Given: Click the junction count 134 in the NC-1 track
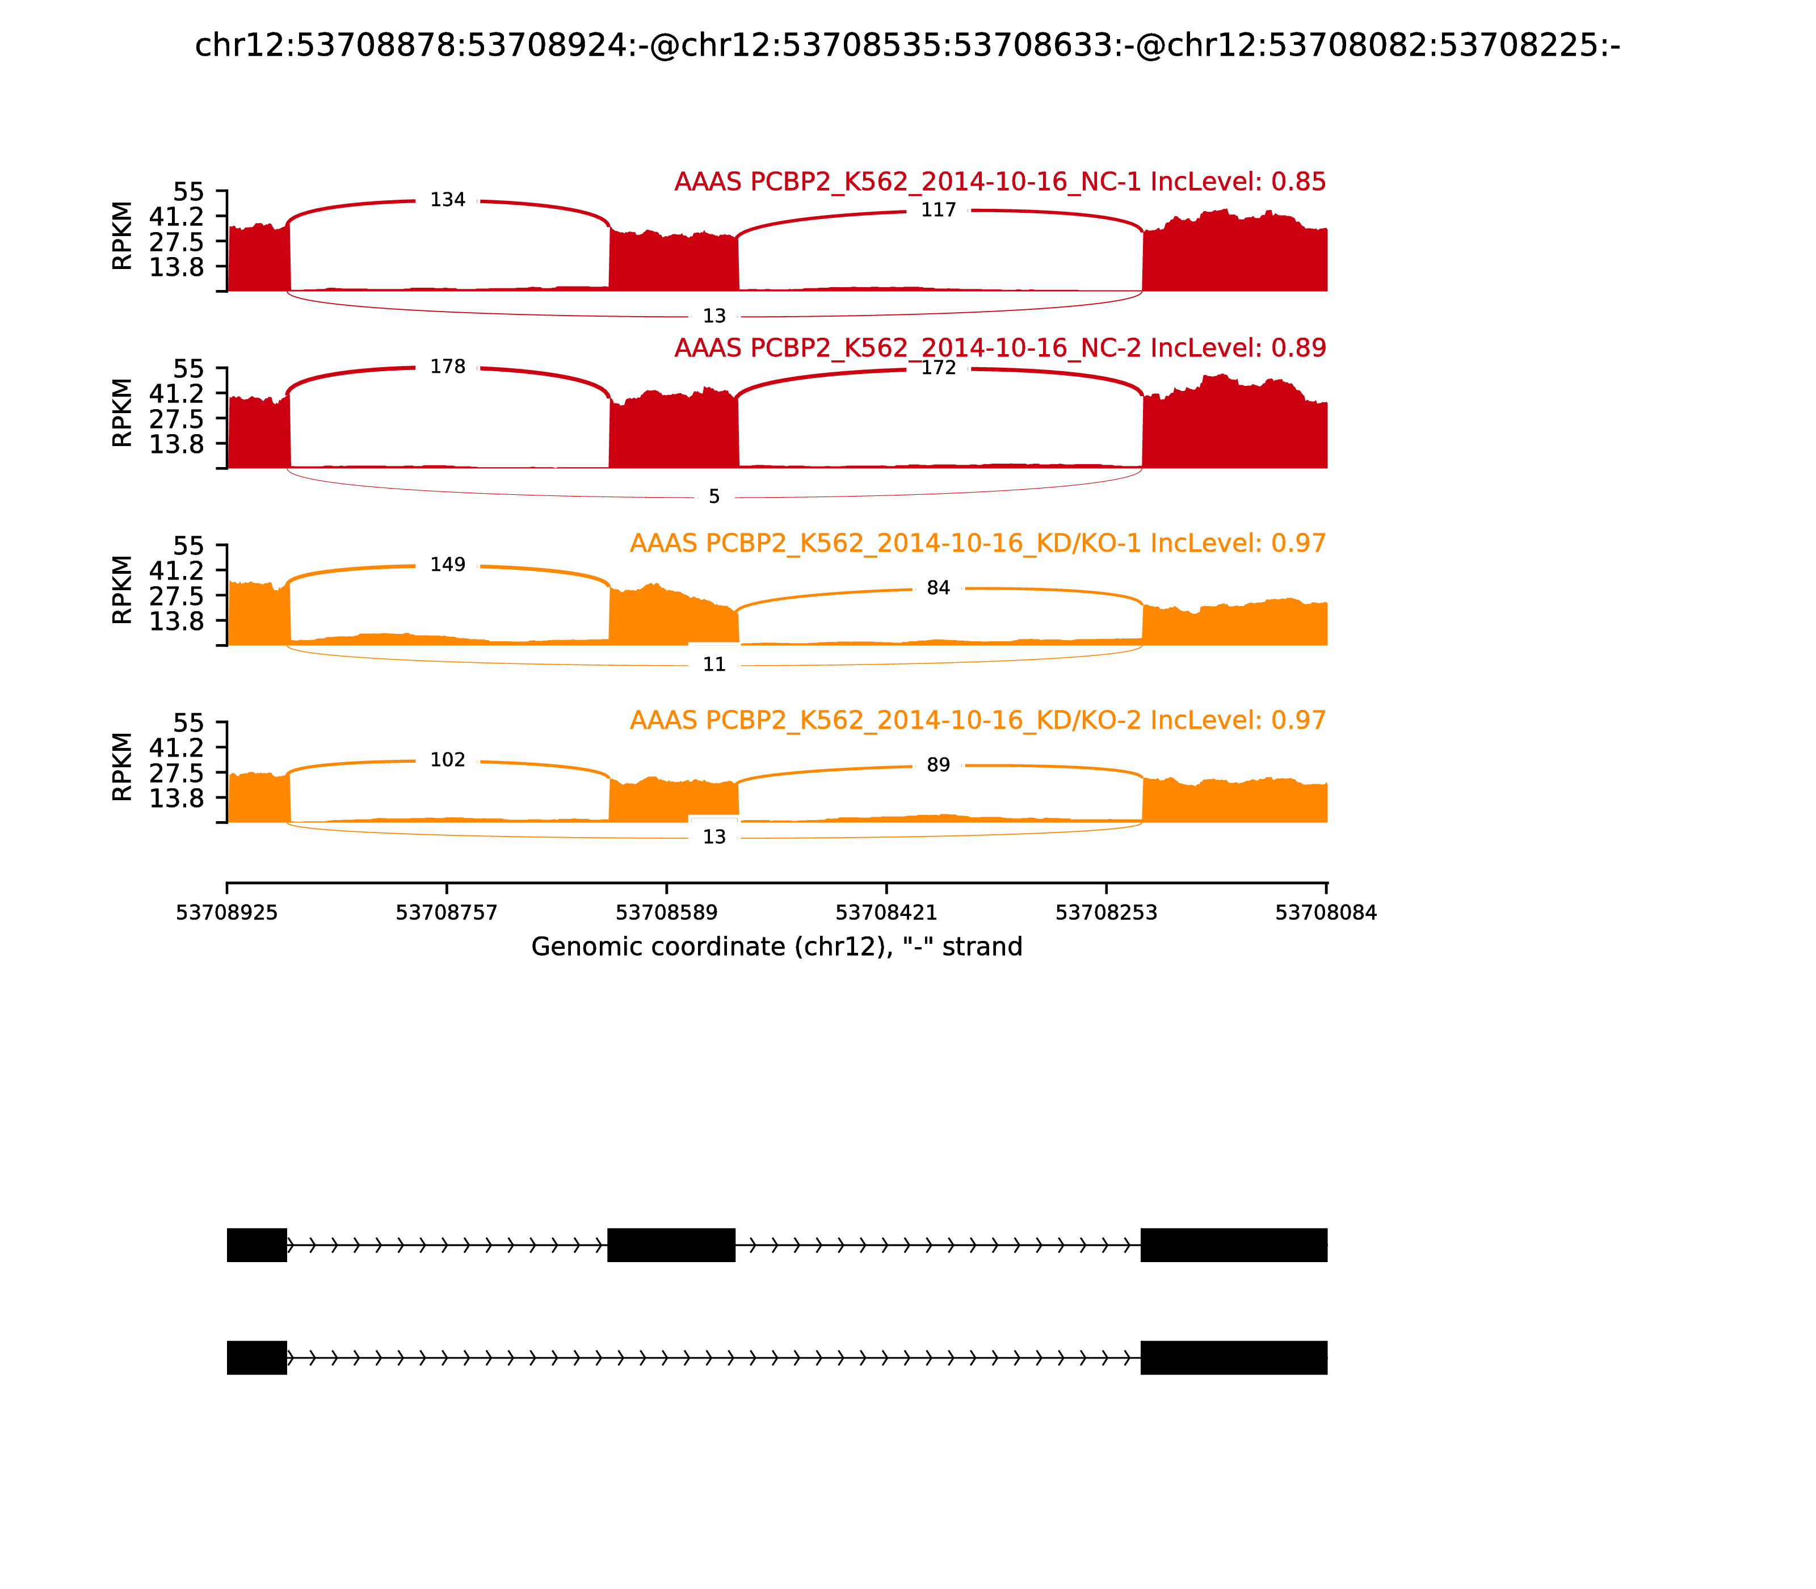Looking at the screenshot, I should click(447, 200).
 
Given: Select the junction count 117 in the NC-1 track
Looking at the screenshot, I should click(938, 210).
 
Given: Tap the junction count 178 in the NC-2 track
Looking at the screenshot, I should click(447, 367).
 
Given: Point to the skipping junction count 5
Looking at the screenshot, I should click(714, 497).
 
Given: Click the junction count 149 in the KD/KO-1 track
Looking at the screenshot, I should click(447, 565).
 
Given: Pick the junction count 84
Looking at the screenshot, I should click(938, 588).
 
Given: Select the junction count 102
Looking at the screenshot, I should click(447, 760).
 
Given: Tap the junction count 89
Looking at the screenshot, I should click(938, 765).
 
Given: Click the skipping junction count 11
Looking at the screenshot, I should click(714, 664).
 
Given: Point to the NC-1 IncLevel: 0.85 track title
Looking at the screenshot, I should click(999, 182).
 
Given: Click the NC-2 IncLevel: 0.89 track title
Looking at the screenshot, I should click(999, 347).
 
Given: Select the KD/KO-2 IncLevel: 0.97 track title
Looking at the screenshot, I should click(977, 720).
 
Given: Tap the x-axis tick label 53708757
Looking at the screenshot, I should click(447, 913).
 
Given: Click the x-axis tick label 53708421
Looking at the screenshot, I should click(886, 913).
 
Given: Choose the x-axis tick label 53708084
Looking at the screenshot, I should click(1326, 913).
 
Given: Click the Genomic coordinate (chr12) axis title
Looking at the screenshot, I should click(777, 947).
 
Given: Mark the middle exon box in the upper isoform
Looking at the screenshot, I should click(671, 1245).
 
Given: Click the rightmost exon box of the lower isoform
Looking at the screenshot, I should click(1233, 1357).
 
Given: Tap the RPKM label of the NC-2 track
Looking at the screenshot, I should click(123, 413).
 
